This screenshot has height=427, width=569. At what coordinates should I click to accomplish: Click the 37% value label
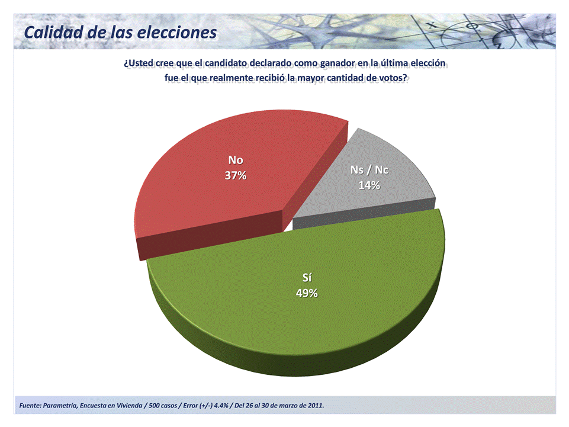pyautogui.click(x=235, y=176)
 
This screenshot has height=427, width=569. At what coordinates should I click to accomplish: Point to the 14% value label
pyautogui.click(x=369, y=185)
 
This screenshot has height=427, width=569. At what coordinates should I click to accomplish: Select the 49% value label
pyautogui.click(x=307, y=293)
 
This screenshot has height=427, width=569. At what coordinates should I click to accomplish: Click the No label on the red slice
pyautogui.click(x=235, y=160)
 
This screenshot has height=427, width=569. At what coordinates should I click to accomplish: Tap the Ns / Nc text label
pyautogui.click(x=369, y=170)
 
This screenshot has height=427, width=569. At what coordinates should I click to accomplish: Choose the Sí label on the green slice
pyautogui.click(x=307, y=277)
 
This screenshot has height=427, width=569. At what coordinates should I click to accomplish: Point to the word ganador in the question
pyautogui.click(x=336, y=63)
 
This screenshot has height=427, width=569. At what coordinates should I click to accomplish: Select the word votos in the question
pyautogui.click(x=393, y=78)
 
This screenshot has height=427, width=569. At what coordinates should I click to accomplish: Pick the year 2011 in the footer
pyautogui.click(x=315, y=406)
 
